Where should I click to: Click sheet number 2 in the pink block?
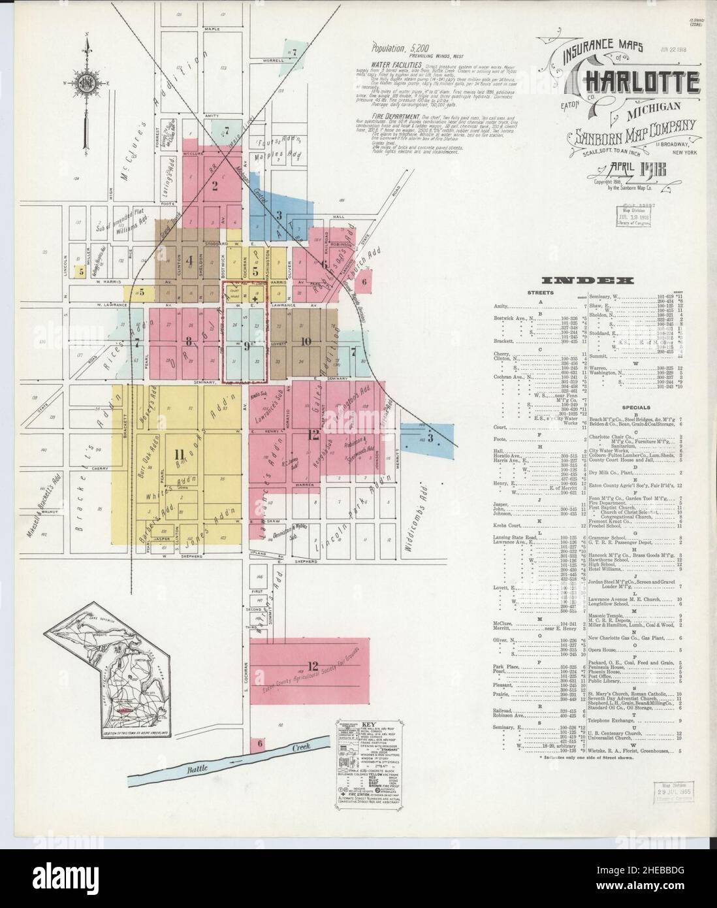[x=214, y=184]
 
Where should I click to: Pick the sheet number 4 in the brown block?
[x=189, y=260]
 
